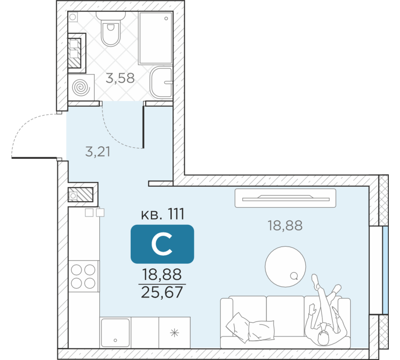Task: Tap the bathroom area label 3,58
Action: point(120,78)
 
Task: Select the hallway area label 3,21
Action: point(98,152)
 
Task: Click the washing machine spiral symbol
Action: point(81,88)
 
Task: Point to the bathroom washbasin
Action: point(161,82)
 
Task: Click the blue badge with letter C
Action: point(162,244)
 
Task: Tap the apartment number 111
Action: point(176,214)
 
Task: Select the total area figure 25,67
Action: point(162,292)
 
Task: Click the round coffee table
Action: point(285,266)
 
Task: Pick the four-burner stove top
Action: point(83,276)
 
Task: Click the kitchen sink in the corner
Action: point(115,332)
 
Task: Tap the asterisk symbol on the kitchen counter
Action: point(174,333)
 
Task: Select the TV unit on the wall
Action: point(285,198)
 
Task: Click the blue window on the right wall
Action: point(385,270)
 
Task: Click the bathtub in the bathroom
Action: point(155,38)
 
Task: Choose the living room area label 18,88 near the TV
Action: point(285,226)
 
